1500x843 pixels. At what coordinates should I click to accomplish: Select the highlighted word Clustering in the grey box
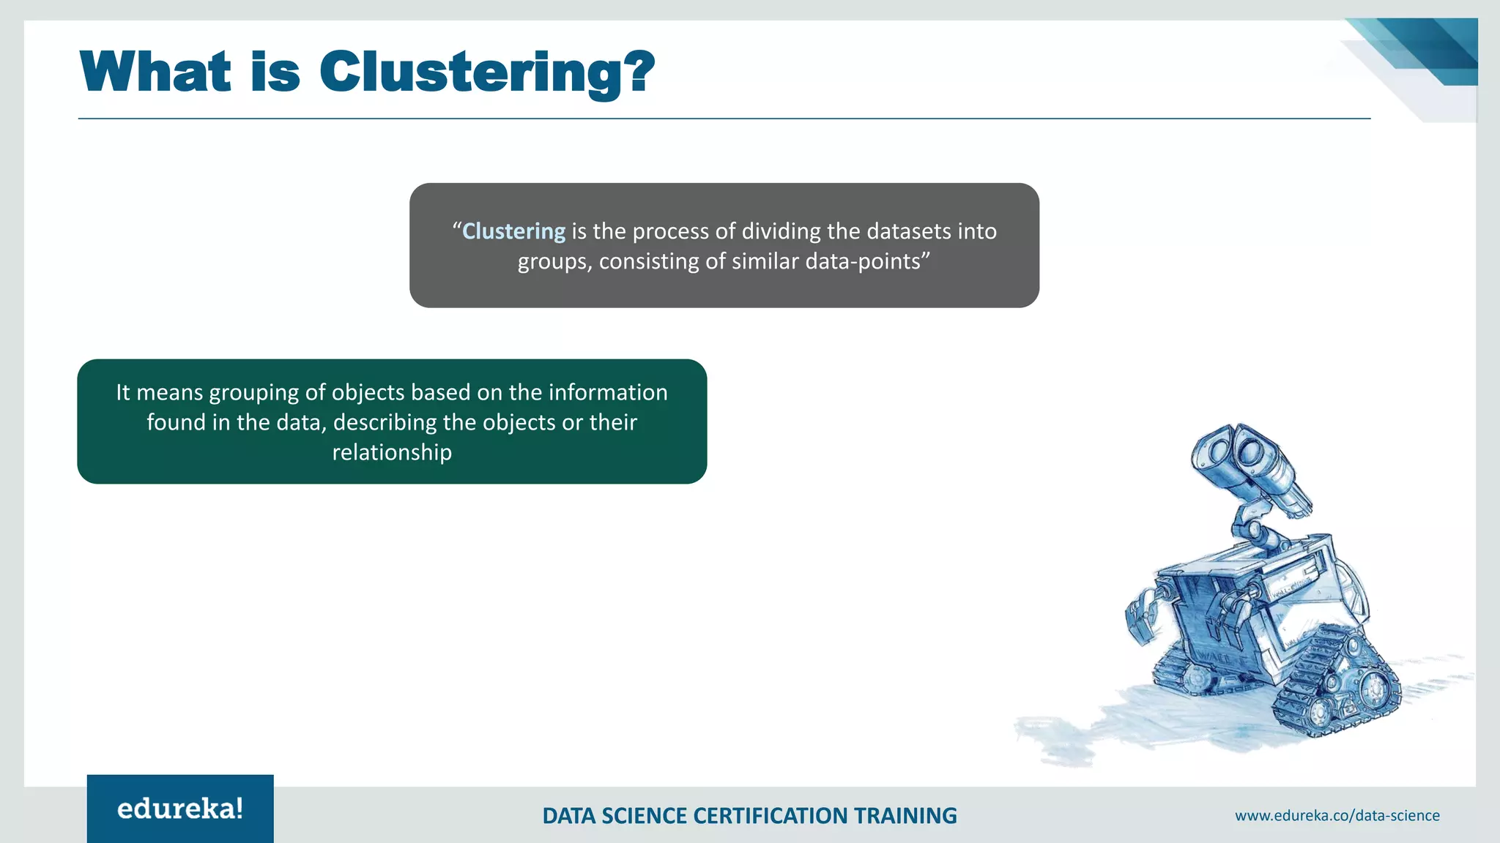point(513,231)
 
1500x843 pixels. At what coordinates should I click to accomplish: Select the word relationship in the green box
point(392,452)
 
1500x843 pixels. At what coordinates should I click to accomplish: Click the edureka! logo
point(180,809)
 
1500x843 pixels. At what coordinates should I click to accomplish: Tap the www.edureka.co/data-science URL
point(1337,815)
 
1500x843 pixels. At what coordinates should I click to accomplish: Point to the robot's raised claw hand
point(1141,615)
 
